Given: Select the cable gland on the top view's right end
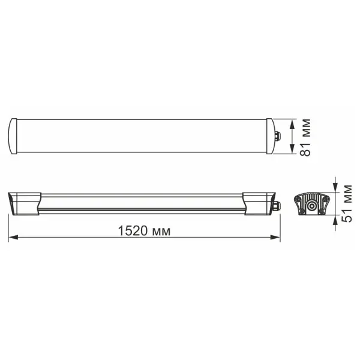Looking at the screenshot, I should pos(278,136).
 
